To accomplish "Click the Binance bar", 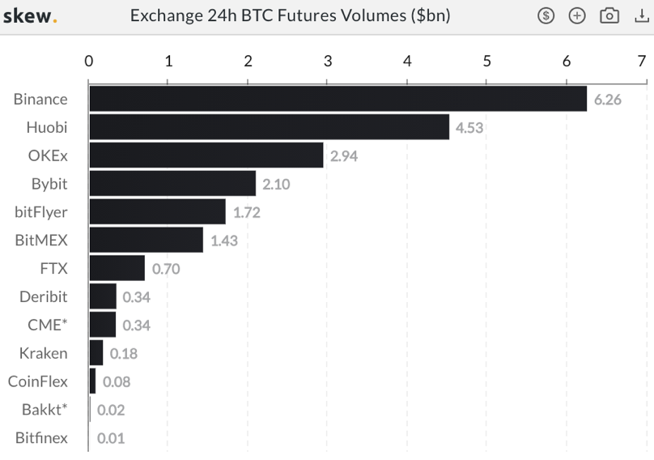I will pos(338,99).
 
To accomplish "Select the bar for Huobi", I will pos(269,127).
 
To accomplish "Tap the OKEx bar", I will pos(206,155).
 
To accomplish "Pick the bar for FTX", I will pos(117,268).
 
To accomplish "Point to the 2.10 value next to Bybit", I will pos(276,185).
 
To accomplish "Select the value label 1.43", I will pos(224,241).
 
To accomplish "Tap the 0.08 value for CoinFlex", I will pos(117,382).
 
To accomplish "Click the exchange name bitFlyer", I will pos(41,212).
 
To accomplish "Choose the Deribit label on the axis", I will pos(44,296).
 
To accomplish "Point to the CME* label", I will pos(48,325).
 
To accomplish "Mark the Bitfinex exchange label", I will pos(41,438).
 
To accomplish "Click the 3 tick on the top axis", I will pos(327,61).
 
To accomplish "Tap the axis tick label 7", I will pos(641,61).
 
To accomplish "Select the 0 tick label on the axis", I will pos(89,61).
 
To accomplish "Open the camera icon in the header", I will pos(609,16).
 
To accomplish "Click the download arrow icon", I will pos(641,16).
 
